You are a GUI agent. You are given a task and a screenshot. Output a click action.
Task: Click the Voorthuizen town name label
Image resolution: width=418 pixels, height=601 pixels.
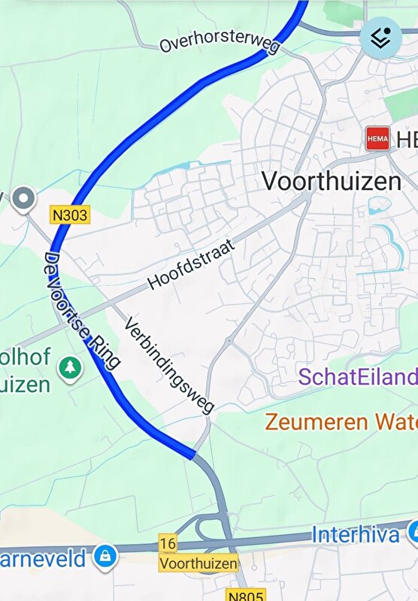tap(331, 181)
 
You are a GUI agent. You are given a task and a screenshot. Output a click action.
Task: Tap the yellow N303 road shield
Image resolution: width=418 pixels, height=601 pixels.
tap(70, 216)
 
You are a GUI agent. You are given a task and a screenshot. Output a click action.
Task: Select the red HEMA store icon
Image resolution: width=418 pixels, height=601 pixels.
tap(377, 138)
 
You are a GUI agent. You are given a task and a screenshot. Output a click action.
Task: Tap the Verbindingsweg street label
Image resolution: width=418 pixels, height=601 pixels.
tap(169, 364)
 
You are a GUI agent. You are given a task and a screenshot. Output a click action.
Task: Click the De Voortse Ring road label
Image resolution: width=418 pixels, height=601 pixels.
tap(82, 307)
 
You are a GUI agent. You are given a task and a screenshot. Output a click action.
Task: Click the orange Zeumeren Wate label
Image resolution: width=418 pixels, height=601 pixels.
tap(341, 421)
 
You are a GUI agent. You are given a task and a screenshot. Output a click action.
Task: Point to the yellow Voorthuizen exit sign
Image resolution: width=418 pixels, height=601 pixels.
tap(198, 563)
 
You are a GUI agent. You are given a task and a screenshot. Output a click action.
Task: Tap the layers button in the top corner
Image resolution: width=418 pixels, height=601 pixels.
tap(380, 38)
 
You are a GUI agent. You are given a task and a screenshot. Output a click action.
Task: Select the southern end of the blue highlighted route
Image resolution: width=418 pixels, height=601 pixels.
tap(193, 455)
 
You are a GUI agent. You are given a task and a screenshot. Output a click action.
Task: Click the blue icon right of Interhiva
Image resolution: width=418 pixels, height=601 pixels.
tap(413, 533)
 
